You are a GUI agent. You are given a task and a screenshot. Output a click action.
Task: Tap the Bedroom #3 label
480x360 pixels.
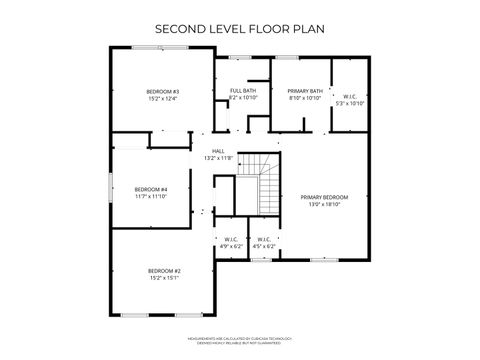[162, 92]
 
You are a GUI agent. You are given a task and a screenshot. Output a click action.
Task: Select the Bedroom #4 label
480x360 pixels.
[150, 189]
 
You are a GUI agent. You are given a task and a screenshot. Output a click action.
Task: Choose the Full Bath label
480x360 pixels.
[243, 91]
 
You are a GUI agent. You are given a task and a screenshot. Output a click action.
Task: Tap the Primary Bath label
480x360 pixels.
[304, 91]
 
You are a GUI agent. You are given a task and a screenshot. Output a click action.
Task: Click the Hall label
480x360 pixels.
[217, 151]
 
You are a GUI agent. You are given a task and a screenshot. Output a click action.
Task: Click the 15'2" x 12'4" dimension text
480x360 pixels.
[162, 99]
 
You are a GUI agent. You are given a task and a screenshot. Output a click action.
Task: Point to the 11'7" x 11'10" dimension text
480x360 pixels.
[150, 196]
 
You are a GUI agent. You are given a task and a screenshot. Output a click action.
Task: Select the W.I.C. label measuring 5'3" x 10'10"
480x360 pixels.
[351, 95]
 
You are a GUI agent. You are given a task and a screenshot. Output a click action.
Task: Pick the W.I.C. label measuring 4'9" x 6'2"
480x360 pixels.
[230, 239]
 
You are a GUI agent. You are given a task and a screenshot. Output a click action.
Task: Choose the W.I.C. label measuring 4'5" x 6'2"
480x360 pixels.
[263, 239]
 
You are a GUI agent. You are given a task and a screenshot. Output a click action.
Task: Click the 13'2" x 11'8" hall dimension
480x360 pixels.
[217, 158]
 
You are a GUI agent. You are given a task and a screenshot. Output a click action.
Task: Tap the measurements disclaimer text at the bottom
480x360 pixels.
[239, 342]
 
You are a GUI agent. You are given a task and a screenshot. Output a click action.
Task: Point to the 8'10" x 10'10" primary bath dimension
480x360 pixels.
[304, 98]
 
